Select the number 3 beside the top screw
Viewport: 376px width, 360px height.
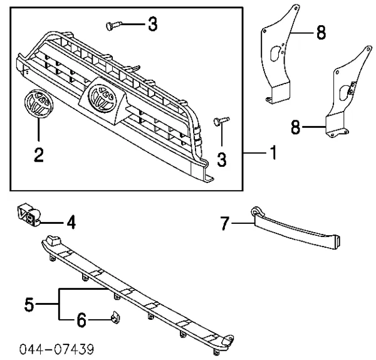pos(152,25)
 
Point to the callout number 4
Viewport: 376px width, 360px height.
pos(72,221)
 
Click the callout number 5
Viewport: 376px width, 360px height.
pos(28,305)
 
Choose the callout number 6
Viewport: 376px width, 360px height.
pos(81,322)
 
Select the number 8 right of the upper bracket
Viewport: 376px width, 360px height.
pos(320,33)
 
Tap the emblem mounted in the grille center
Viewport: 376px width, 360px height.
pos(102,97)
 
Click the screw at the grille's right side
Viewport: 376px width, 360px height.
pos(221,120)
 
